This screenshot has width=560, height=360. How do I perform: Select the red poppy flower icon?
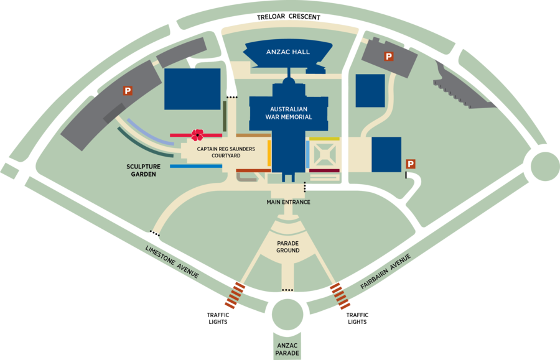click(197, 134)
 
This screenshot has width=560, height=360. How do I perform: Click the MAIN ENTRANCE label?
click(288, 202)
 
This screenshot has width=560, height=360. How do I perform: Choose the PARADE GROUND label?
click(288, 246)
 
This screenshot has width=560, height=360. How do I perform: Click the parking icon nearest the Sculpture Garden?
click(128, 91)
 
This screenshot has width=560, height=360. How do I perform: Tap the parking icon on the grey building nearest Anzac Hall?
click(389, 57)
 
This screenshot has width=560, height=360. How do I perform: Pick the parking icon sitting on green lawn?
click(410, 164)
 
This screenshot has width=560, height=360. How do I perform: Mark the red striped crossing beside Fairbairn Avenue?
click(340, 295)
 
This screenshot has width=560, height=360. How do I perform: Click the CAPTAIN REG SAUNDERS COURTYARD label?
click(217, 153)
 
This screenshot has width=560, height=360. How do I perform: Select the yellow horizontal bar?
click(324, 139)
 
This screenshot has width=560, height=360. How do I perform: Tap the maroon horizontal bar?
click(324, 170)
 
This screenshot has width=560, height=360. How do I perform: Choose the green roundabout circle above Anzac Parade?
click(288, 315)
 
